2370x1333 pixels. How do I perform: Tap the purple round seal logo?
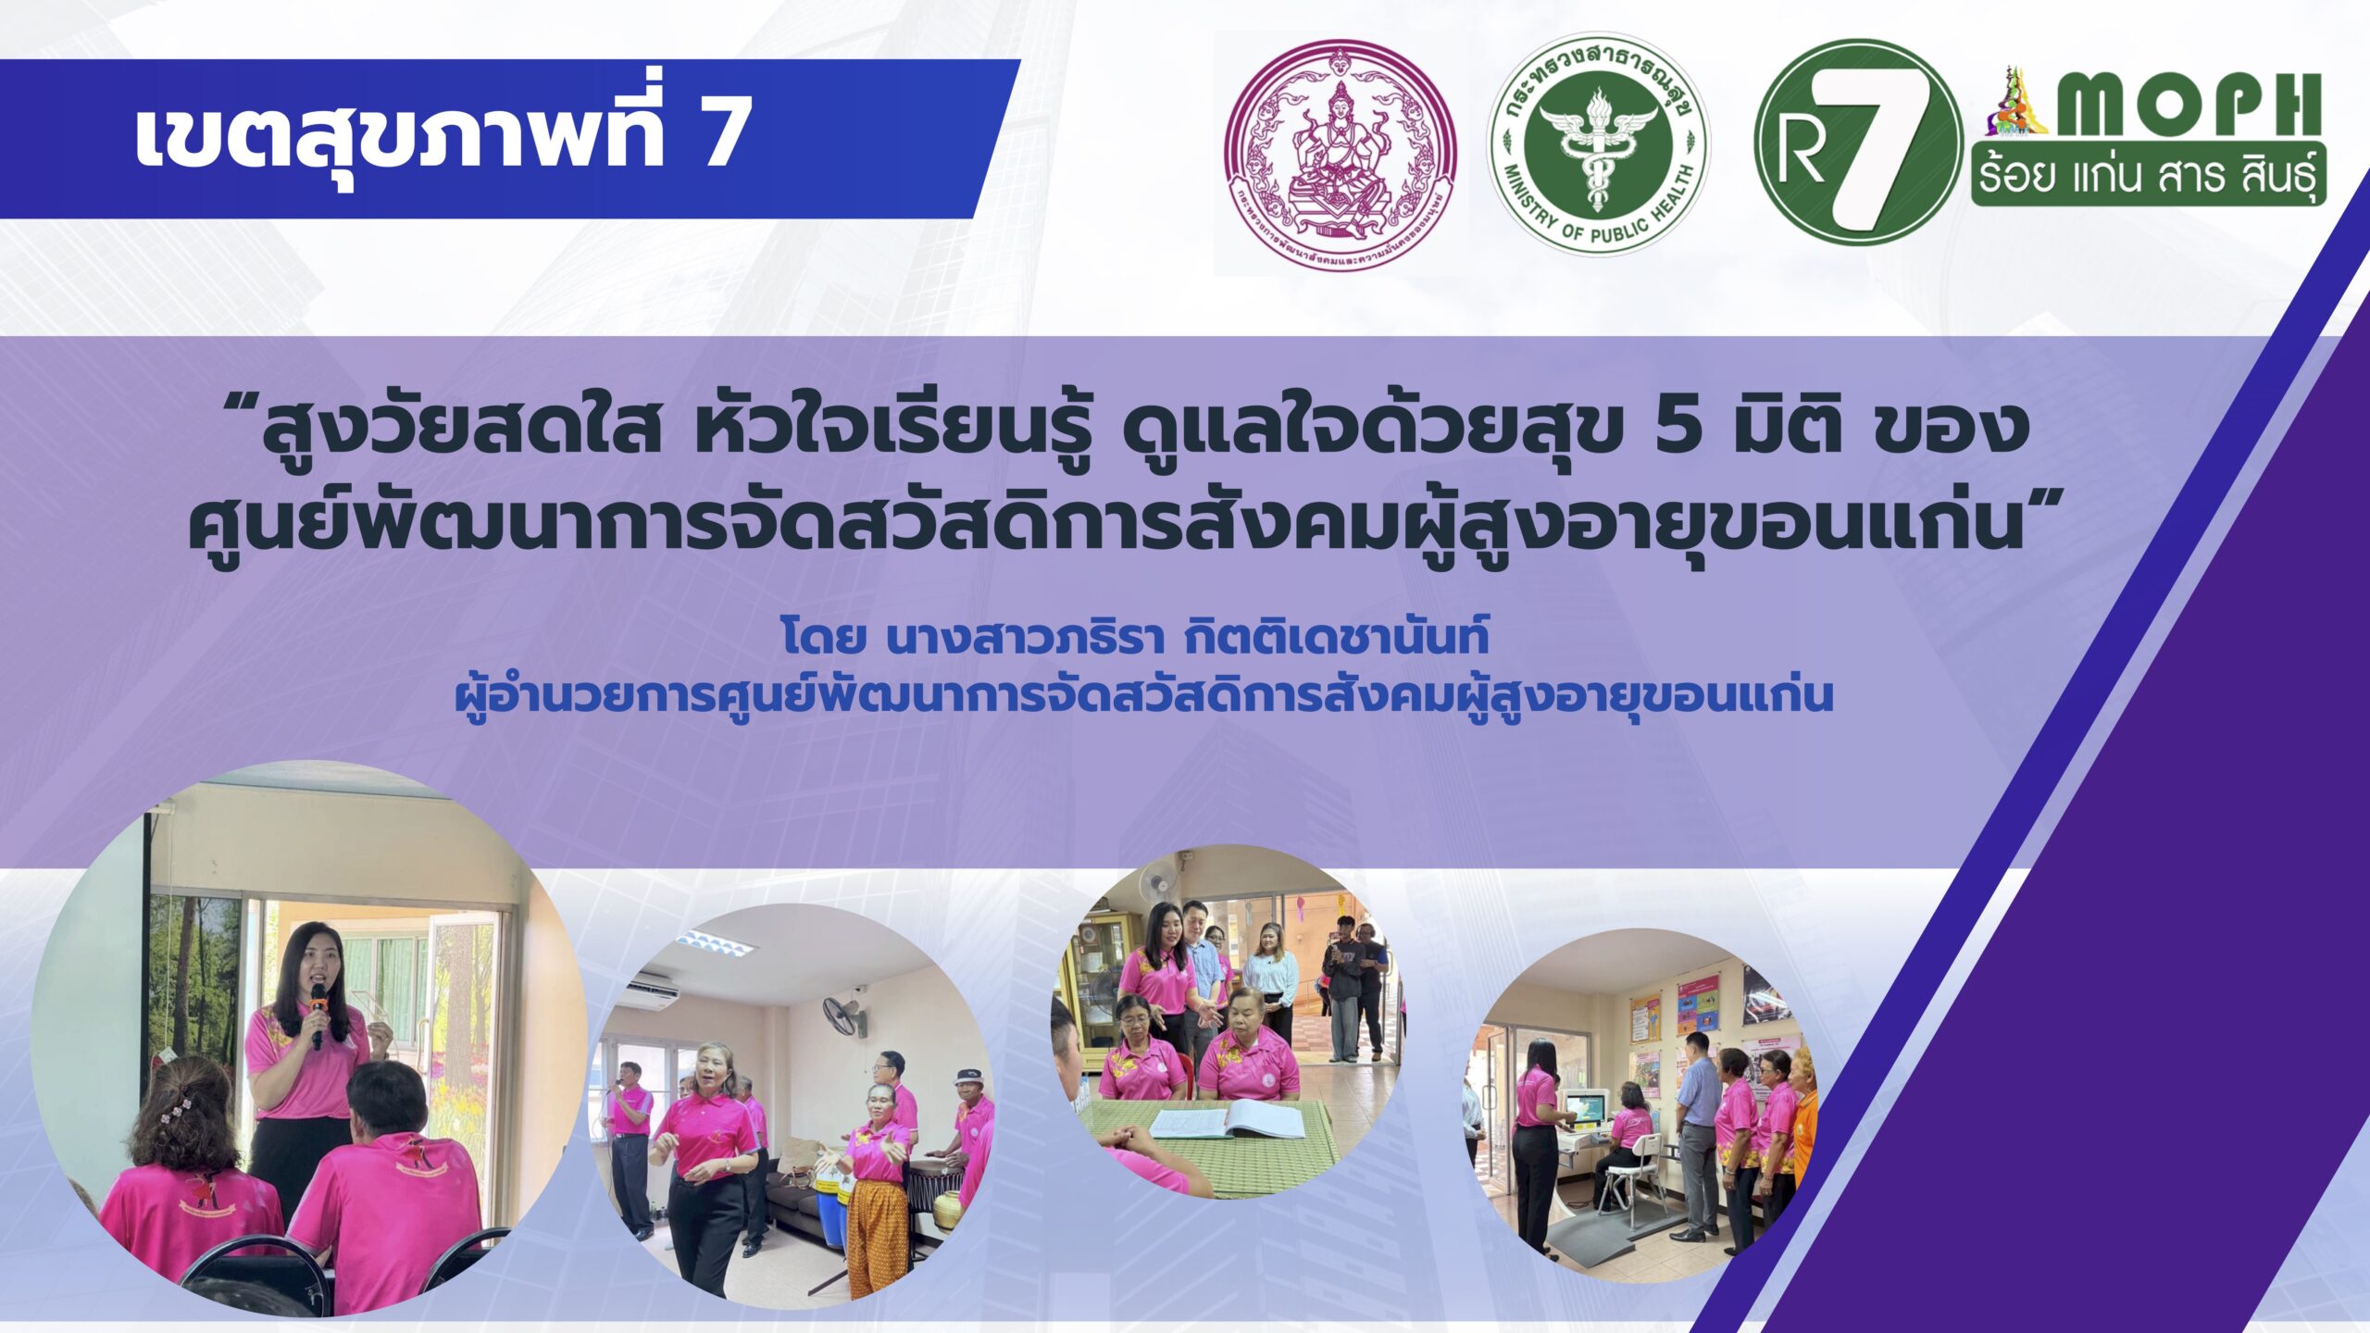pyautogui.click(x=1340, y=154)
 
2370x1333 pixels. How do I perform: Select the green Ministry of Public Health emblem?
pyautogui.click(x=1598, y=145)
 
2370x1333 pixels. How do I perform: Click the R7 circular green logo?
pyautogui.click(x=1857, y=142)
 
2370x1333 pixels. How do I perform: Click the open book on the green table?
pyautogui.click(x=1227, y=1122)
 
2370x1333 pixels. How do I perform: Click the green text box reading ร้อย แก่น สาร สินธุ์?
pyautogui.click(x=2148, y=177)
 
